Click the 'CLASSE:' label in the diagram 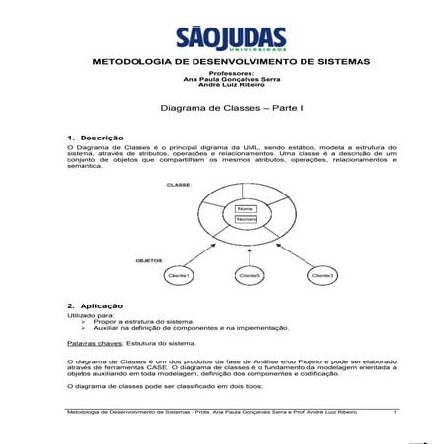coord(151,185)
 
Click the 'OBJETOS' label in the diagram coord(149,262)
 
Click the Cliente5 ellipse coord(249,277)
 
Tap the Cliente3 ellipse coord(323,276)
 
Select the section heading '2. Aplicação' coord(94,306)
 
